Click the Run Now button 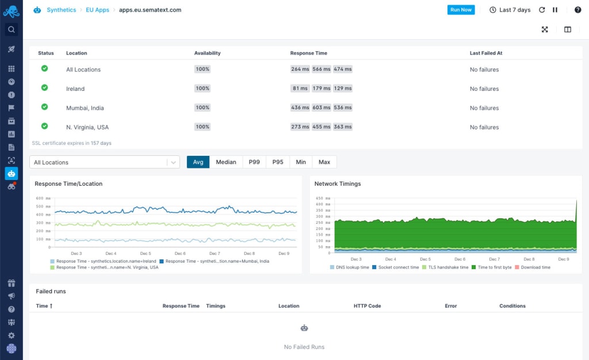click(461, 10)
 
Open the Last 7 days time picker click(510, 10)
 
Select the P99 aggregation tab click(254, 162)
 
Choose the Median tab click(226, 162)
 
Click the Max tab click(324, 162)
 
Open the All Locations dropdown click(105, 163)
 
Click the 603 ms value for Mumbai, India click(322, 108)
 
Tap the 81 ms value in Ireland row click(300, 89)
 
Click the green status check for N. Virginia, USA click(44, 127)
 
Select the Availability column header click(207, 53)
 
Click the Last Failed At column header click(486, 53)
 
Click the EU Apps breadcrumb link click(98, 10)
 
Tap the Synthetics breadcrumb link click(61, 10)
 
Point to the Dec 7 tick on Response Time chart click(215, 254)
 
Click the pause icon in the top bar click(555, 10)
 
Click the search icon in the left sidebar click(11, 29)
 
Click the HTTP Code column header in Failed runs click(367, 306)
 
